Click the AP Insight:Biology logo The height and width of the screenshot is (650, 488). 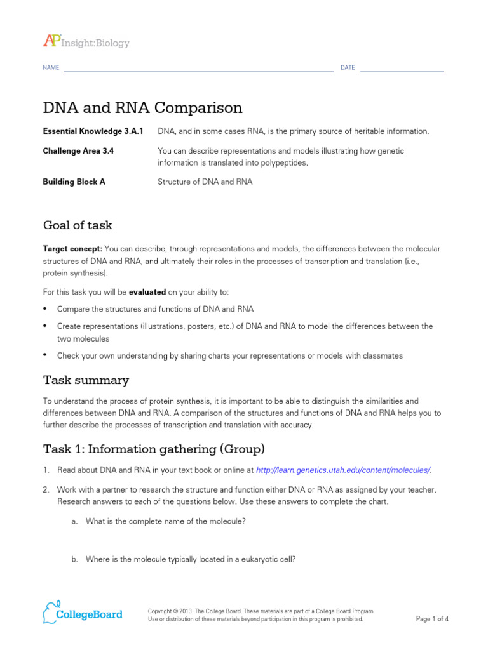click(x=86, y=42)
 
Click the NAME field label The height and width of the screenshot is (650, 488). click(x=51, y=68)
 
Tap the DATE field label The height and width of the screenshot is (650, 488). click(x=348, y=68)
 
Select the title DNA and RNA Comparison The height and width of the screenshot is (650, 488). click(x=142, y=107)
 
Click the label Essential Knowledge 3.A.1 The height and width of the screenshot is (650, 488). click(x=93, y=131)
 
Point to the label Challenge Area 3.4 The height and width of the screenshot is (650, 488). click(x=78, y=151)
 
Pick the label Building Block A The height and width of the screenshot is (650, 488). click(x=74, y=182)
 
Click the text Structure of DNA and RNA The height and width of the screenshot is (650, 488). click(x=205, y=182)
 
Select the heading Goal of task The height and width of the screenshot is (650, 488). click(x=78, y=225)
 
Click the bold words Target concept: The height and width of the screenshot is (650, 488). click(x=72, y=249)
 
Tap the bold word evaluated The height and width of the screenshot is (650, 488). click(x=147, y=292)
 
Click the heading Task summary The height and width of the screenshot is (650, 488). click(x=86, y=380)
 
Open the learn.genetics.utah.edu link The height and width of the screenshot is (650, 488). click(x=342, y=470)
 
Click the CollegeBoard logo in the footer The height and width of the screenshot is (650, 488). click(x=83, y=613)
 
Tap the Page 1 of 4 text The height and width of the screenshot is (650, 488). click(x=432, y=619)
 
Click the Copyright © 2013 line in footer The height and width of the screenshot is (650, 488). click(x=261, y=611)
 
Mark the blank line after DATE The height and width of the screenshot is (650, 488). click(x=402, y=71)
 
